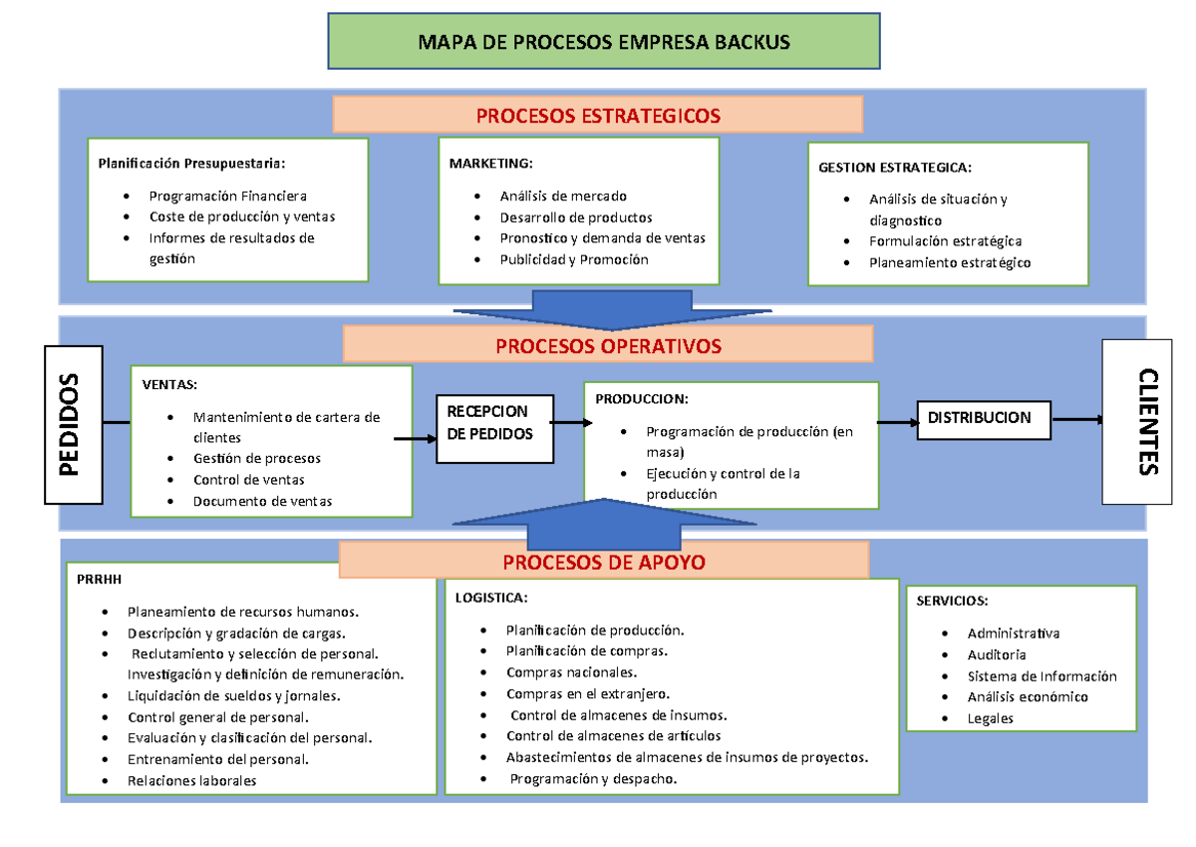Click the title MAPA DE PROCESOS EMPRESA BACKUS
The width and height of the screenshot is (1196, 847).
604,42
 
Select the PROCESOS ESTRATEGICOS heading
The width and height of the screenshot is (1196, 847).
598,116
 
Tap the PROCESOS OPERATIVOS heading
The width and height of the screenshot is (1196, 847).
608,346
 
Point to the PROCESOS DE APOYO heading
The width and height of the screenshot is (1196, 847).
604,563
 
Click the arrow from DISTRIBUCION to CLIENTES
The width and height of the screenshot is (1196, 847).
1077,420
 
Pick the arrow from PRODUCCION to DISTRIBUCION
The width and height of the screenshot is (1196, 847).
898,423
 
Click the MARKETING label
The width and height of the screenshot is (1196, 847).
491,164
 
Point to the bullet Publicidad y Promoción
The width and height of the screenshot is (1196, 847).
574,259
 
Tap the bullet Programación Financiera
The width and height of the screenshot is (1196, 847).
228,196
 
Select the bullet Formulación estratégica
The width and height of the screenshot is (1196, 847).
945,241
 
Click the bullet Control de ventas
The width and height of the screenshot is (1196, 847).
248,480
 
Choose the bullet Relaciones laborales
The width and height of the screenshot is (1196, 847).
191,780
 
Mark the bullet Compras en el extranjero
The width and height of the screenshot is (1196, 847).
588,693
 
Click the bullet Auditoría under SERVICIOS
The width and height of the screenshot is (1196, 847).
996,654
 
